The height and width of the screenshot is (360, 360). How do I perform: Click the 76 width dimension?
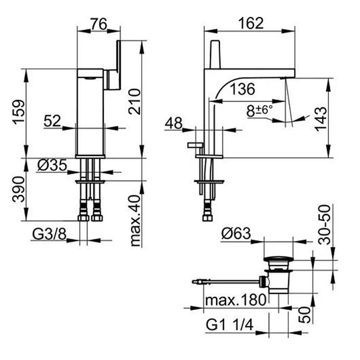tap(99, 24)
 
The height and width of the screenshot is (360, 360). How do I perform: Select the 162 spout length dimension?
tap(251, 23)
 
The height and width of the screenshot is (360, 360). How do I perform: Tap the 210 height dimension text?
tap(134, 102)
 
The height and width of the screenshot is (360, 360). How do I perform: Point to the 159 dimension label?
tap(19, 112)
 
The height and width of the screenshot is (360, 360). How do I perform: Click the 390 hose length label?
tap(18, 189)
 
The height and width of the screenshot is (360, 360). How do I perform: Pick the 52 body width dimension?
tap(53, 121)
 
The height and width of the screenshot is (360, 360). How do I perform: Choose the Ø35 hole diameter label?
tap(52, 165)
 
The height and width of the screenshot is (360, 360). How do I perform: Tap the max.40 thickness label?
tap(135, 221)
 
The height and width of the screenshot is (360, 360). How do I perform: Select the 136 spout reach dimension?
tap(242, 89)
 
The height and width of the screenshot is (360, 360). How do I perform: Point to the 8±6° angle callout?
tap(260, 111)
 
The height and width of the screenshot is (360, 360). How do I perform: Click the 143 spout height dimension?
tap(321, 119)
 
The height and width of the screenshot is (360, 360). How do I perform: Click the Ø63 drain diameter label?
tap(236, 234)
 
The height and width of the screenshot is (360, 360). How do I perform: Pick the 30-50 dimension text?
tap(325, 224)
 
